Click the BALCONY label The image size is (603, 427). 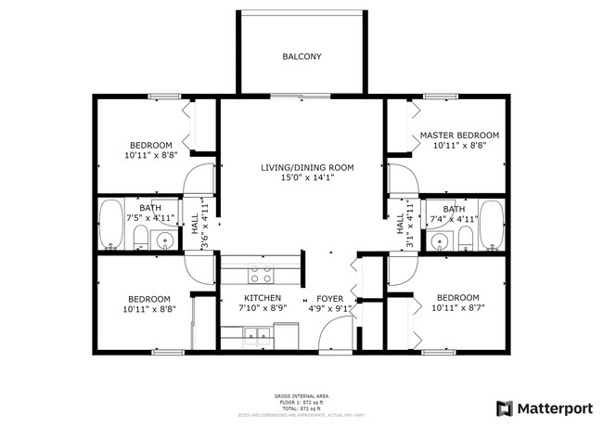301,57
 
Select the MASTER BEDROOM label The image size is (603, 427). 459,136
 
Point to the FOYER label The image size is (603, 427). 330,298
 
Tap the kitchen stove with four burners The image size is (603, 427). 261,274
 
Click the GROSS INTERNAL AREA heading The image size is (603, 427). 301,395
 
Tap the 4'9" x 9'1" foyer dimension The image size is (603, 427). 330,308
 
